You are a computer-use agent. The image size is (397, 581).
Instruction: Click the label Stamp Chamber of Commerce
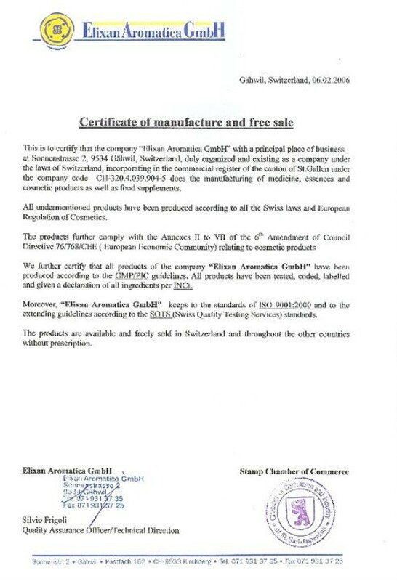pos(294,472)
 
